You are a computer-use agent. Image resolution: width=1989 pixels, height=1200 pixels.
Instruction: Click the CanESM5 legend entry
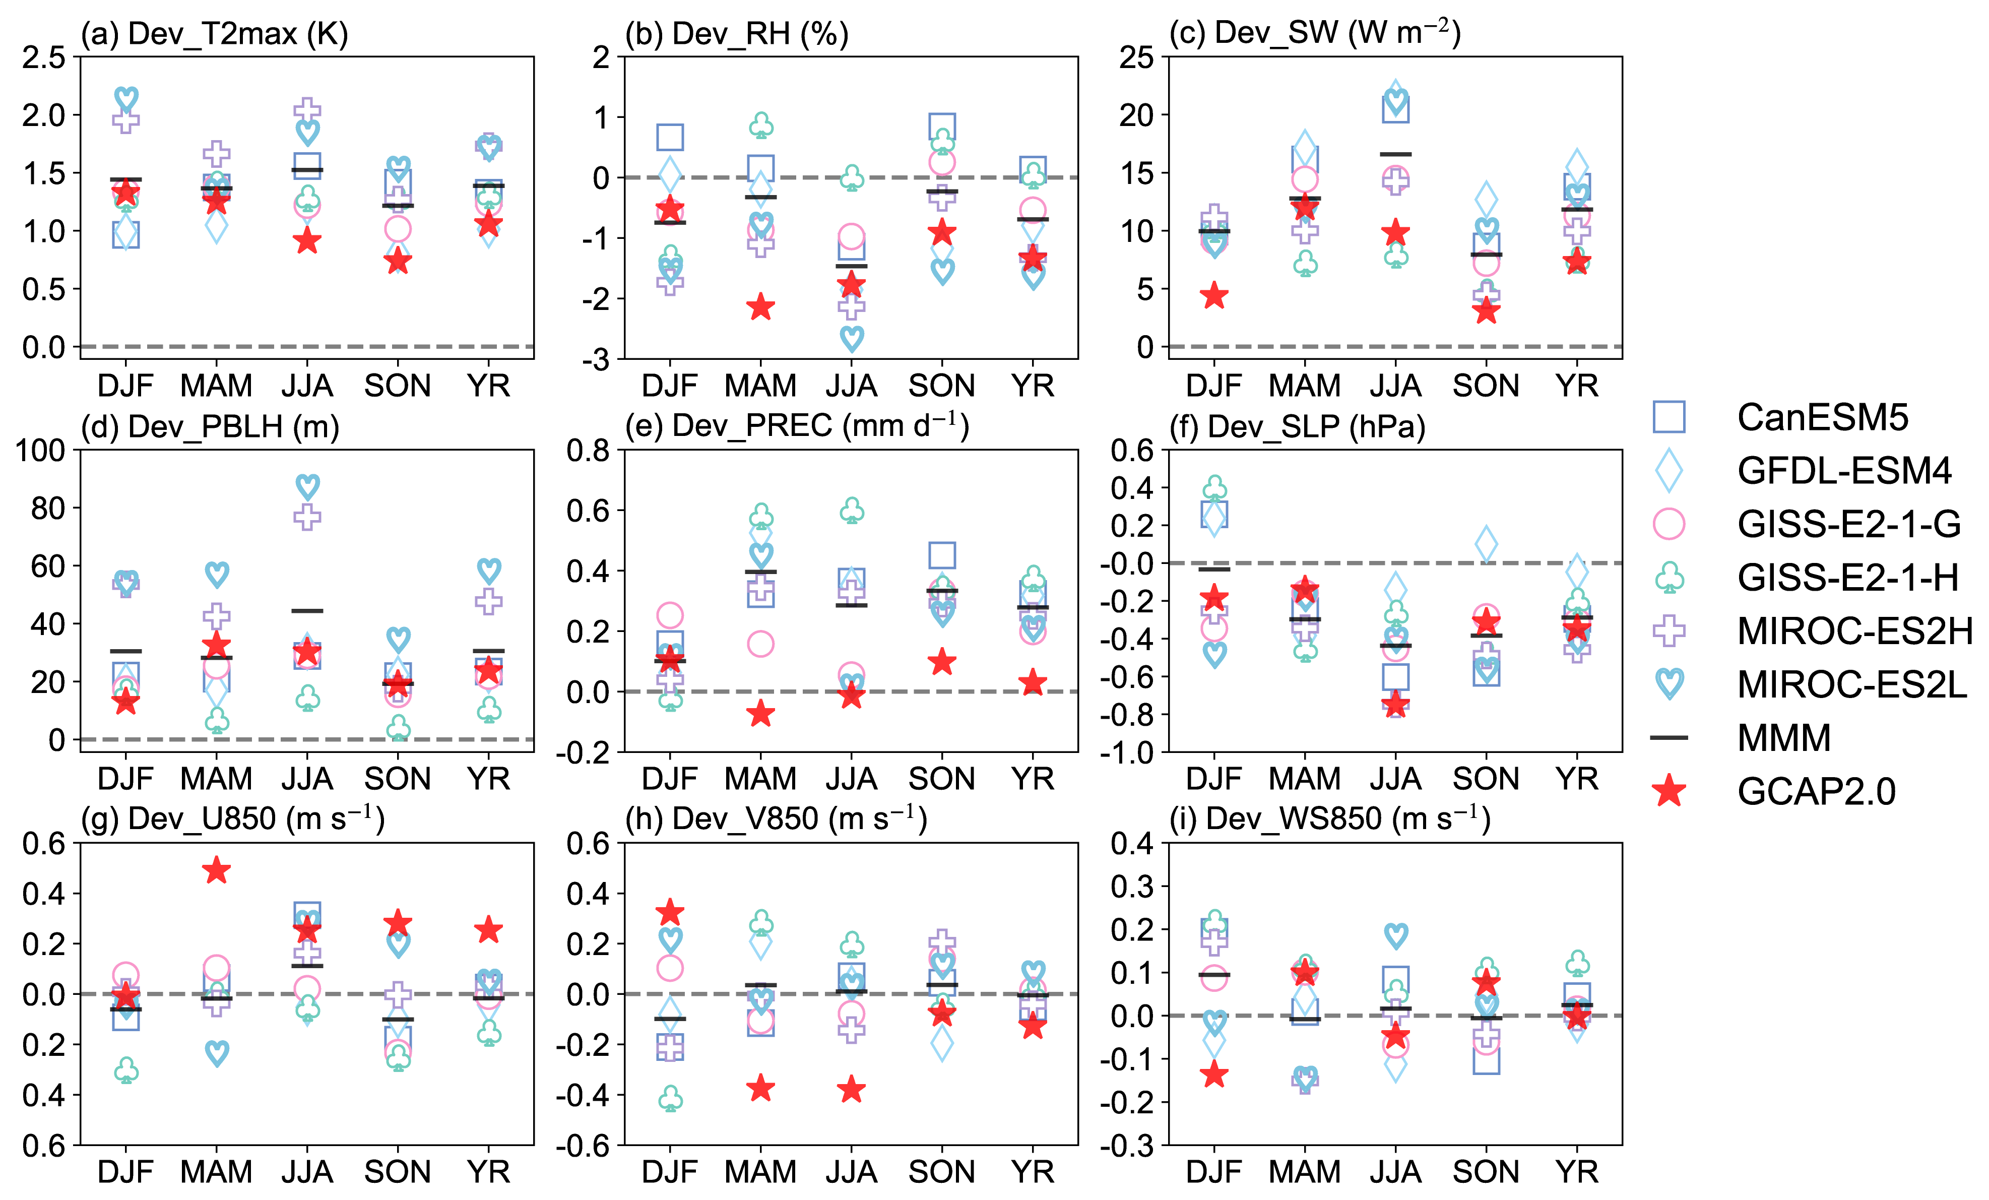coord(1822,417)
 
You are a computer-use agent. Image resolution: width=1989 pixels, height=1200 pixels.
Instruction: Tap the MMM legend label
coord(1783,738)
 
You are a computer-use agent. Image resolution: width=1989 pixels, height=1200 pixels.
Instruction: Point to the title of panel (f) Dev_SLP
coord(1297,426)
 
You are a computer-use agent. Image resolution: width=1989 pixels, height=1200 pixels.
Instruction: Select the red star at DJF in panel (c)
coord(1214,296)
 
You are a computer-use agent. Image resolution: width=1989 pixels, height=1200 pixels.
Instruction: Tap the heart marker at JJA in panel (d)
coord(307,487)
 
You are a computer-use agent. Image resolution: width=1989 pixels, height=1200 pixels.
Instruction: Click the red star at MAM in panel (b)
coord(760,307)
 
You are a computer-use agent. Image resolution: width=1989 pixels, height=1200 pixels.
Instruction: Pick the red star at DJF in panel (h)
coord(670,913)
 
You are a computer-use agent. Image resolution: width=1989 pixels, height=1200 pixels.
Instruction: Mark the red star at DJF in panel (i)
coord(1214,1075)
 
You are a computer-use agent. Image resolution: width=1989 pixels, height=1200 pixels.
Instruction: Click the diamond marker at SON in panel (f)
coord(1486,543)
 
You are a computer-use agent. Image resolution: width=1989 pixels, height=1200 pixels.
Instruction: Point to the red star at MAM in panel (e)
coord(760,714)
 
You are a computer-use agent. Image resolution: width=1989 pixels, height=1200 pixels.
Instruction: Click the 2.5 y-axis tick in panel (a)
coord(44,57)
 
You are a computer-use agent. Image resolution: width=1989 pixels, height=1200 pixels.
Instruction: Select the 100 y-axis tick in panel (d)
coord(40,451)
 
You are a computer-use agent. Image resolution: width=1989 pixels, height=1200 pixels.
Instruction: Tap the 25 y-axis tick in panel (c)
coord(1136,57)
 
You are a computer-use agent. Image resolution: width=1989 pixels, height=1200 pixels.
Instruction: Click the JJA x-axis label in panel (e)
coord(851,779)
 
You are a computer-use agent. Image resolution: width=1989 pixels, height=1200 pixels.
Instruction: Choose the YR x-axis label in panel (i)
coord(1576,1172)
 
